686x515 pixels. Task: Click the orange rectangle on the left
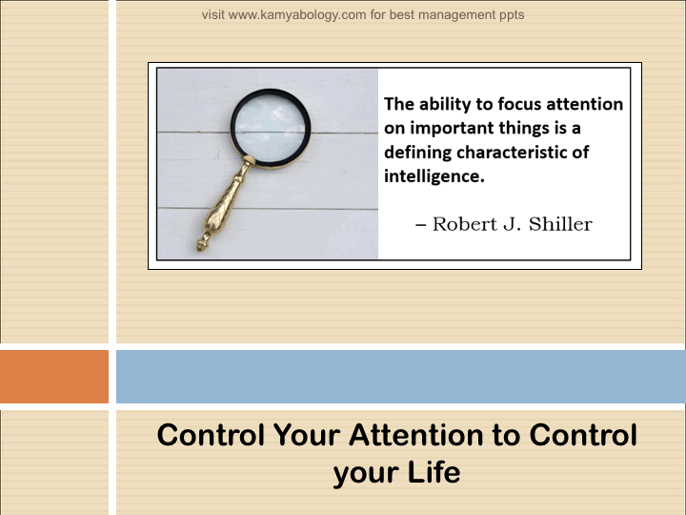pyautogui.click(x=54, y=376)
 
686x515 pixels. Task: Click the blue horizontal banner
pyautogui.click(x=401, y=376)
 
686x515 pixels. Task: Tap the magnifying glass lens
pyautogui.click(x=271, y=128)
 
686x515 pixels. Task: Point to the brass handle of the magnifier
pyautogui.click(x=223, y=205)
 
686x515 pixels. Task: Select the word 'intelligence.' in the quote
pyautogui.click(x=434, y=176)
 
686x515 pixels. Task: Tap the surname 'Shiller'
pyautogui.click(x=560, y=224)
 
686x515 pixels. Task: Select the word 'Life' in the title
pyautogui.click(x=434, y=472)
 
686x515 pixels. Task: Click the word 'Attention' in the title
pyautogui.click(x=415, y=435)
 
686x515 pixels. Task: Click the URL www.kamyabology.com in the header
pyautogui.click(x=297, y=15)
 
